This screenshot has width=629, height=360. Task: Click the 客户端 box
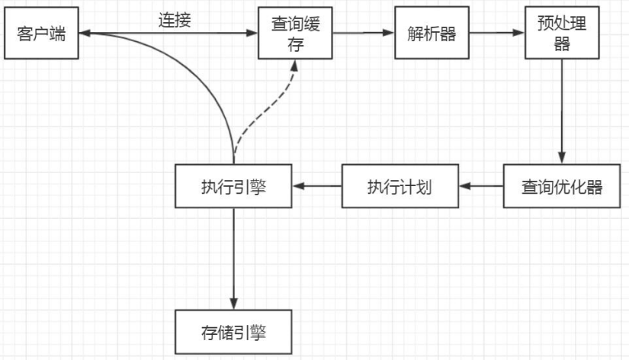[x=41, y=34]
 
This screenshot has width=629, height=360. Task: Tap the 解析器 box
[x=432, y=34]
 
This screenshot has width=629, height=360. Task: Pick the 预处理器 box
[x=561, y=34]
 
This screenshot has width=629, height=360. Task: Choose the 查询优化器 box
[x=561, y=186]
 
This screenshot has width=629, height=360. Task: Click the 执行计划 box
[x=400, y=186]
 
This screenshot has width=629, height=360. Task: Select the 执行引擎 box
[x=233, y=186]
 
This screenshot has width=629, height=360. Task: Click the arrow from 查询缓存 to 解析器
[x=363, y=33]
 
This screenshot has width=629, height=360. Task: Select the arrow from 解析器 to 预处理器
[x=496, y=33]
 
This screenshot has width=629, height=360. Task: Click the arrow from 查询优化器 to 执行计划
[x=480, y=186]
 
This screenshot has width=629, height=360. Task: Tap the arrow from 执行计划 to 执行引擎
[x=316, y=186]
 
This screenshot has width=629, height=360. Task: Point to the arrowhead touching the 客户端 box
[x=85, y=33]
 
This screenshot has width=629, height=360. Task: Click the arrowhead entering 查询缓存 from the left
[x=252, y=33]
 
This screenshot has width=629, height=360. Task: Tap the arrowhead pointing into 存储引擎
[x=233, y=304]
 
